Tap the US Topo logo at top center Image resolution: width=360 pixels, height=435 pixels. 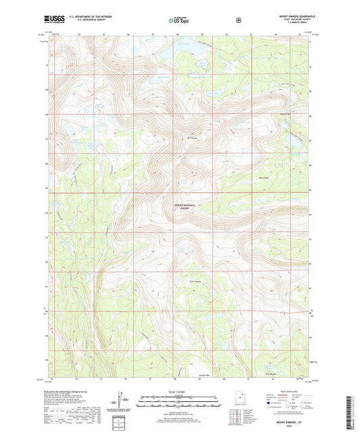[179, 20]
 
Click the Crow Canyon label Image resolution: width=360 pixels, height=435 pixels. [195, 282]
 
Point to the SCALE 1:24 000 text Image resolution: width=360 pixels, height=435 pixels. [180, 393]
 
